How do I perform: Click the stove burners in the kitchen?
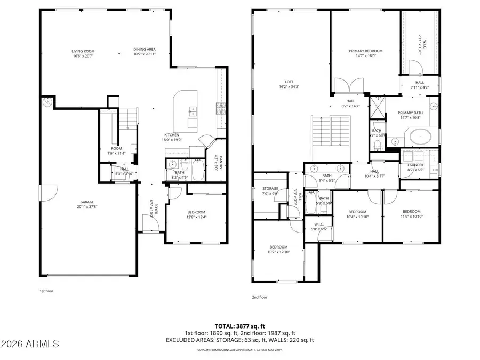click(220, 108)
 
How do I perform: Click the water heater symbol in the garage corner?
click(47, 101)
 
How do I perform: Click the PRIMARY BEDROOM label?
click(366, 51)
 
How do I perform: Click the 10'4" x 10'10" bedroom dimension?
click(357, 217)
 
